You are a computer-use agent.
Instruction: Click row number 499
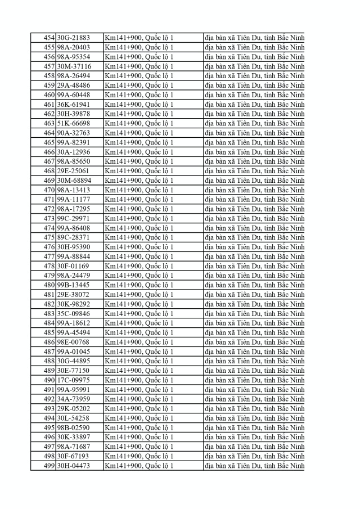pos(48,466)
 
